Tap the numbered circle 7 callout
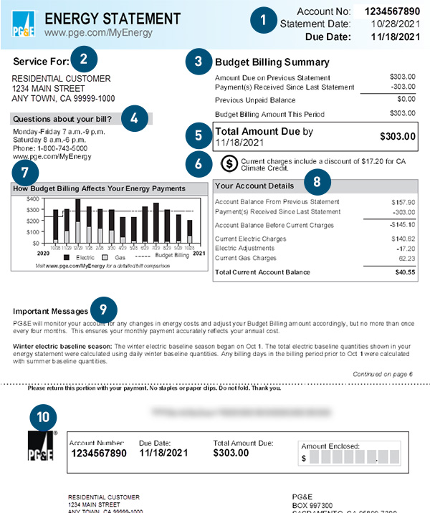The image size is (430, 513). [24, 172]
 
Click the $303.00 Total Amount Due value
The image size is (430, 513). [397, 136]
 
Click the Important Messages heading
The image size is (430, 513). [50, 312]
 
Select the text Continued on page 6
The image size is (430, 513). [383, 374]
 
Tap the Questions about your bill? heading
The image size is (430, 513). [61, 118]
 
